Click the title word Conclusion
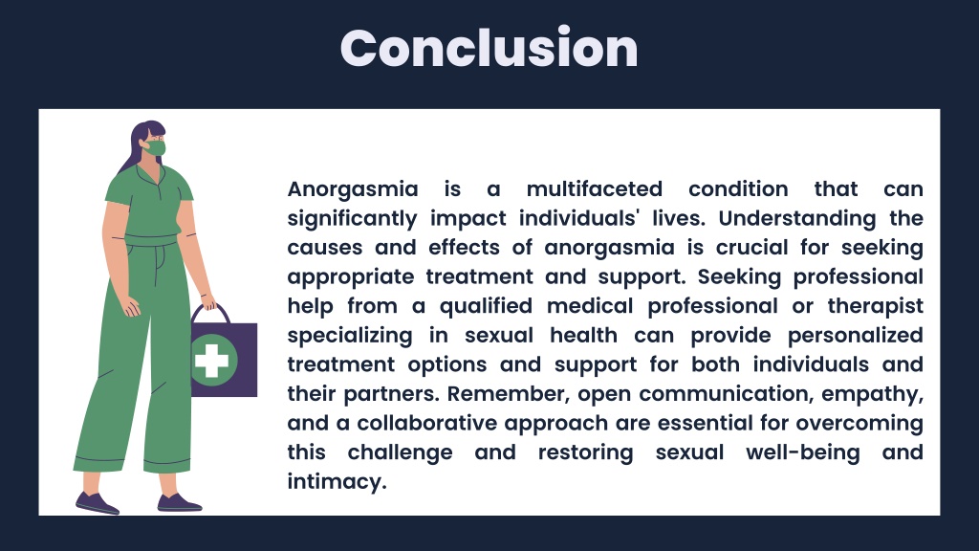click(x=489, y=48)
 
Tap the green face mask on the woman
click(x=156, y=148)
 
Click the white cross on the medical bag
click(x=211, y=360)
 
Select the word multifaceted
click(x=595, y=188)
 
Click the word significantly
click(x=352, y=219)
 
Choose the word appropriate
click(x=351, y=277)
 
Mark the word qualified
click(x=486, y=306)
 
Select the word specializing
click(x=350, y=336)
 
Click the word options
click(x=447, y=364)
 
